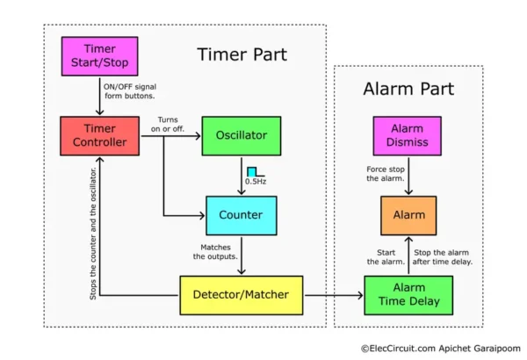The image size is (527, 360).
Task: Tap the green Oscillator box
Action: pyautogui.click(x=242, y=135)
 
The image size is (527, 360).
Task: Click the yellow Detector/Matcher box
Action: pyautogui.click(x=242, y=296)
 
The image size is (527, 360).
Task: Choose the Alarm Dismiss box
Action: pyautogui.click(x=407, y=135)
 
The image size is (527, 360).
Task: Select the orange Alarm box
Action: pyautogui.click(x=407, y=215)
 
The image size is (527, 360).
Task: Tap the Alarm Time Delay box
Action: pyautogui.click(x=407, y=296)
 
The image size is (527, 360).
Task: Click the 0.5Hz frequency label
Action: pyautogui.click(x=255, y=182)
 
